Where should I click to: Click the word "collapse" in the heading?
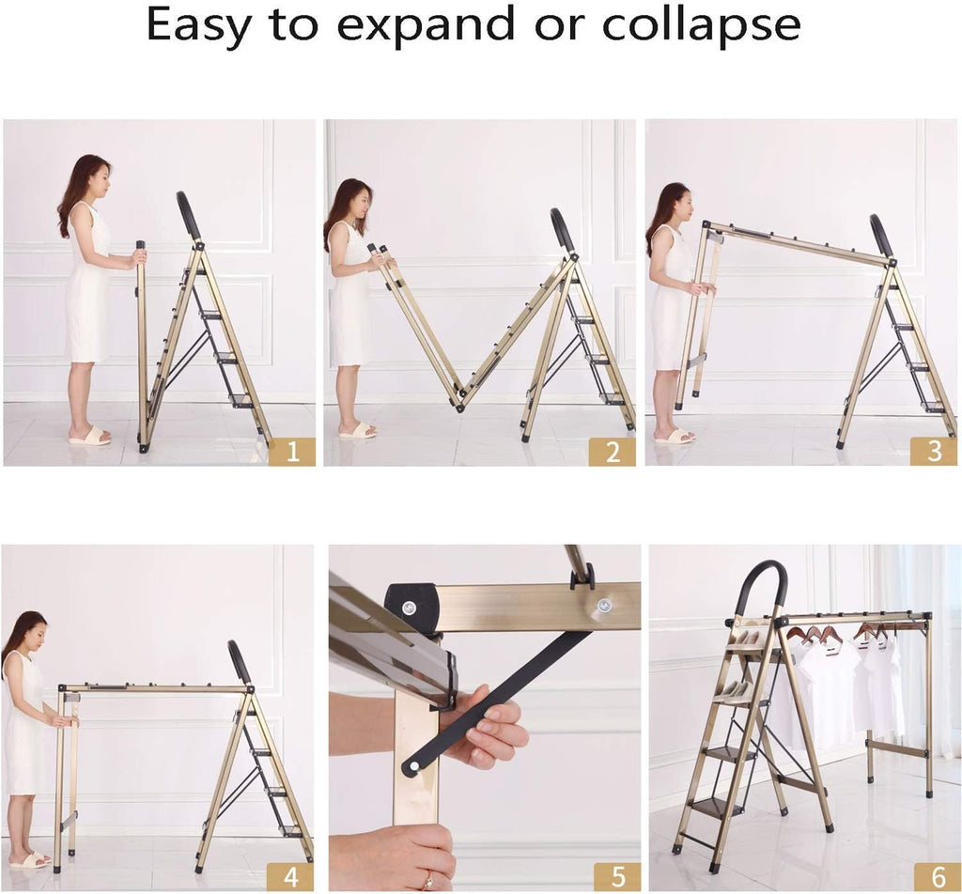(x=702, y=25)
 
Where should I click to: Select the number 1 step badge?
(x=292, y=452)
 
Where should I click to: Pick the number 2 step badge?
(x=613, y=452)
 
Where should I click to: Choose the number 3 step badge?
(x=933, y=451)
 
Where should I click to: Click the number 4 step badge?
(x=290, y=877)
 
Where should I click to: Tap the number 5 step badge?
(x=617, y=877)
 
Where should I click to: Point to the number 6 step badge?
(x=938, y=877)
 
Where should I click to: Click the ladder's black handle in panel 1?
(x=188, y=215)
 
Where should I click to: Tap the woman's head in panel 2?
(x=356, y=196)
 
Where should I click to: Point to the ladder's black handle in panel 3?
(x=881, y=236)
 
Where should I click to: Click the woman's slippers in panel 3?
(x=675, y=436)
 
